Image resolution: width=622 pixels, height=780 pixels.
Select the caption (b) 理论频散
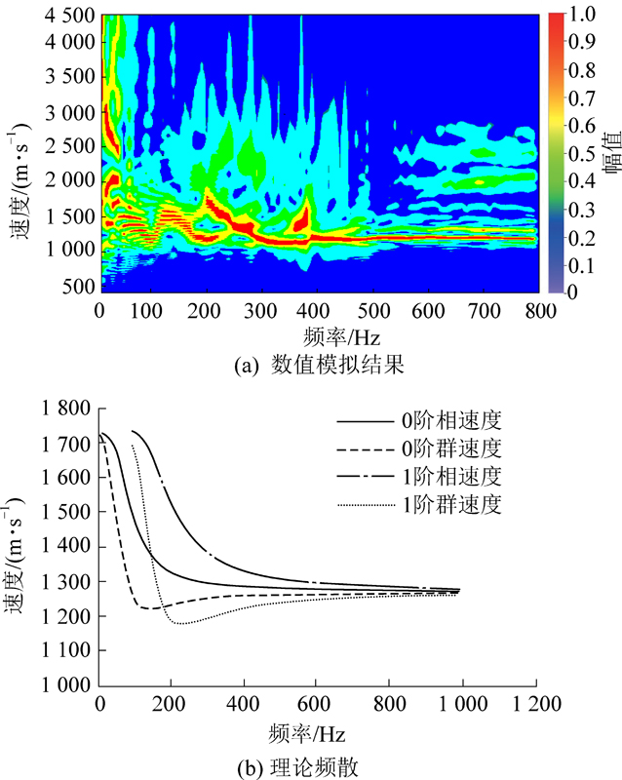coord(320,767)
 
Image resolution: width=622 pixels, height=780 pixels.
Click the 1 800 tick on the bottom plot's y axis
coord(66,409)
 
